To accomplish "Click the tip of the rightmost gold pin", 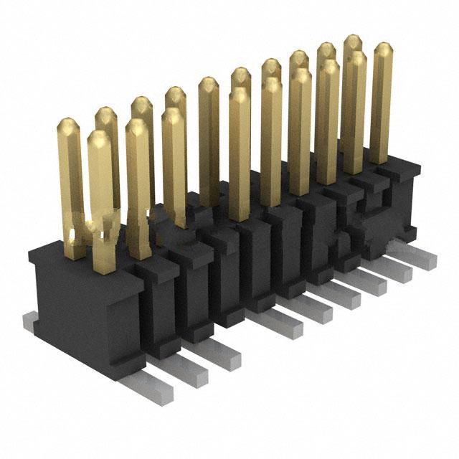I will pyautogui.click(x=382, y=49).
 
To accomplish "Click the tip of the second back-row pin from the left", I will pyautogui.click(x=105, y=113).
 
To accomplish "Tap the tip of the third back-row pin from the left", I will pyautogui.click(x=141, y=102).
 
